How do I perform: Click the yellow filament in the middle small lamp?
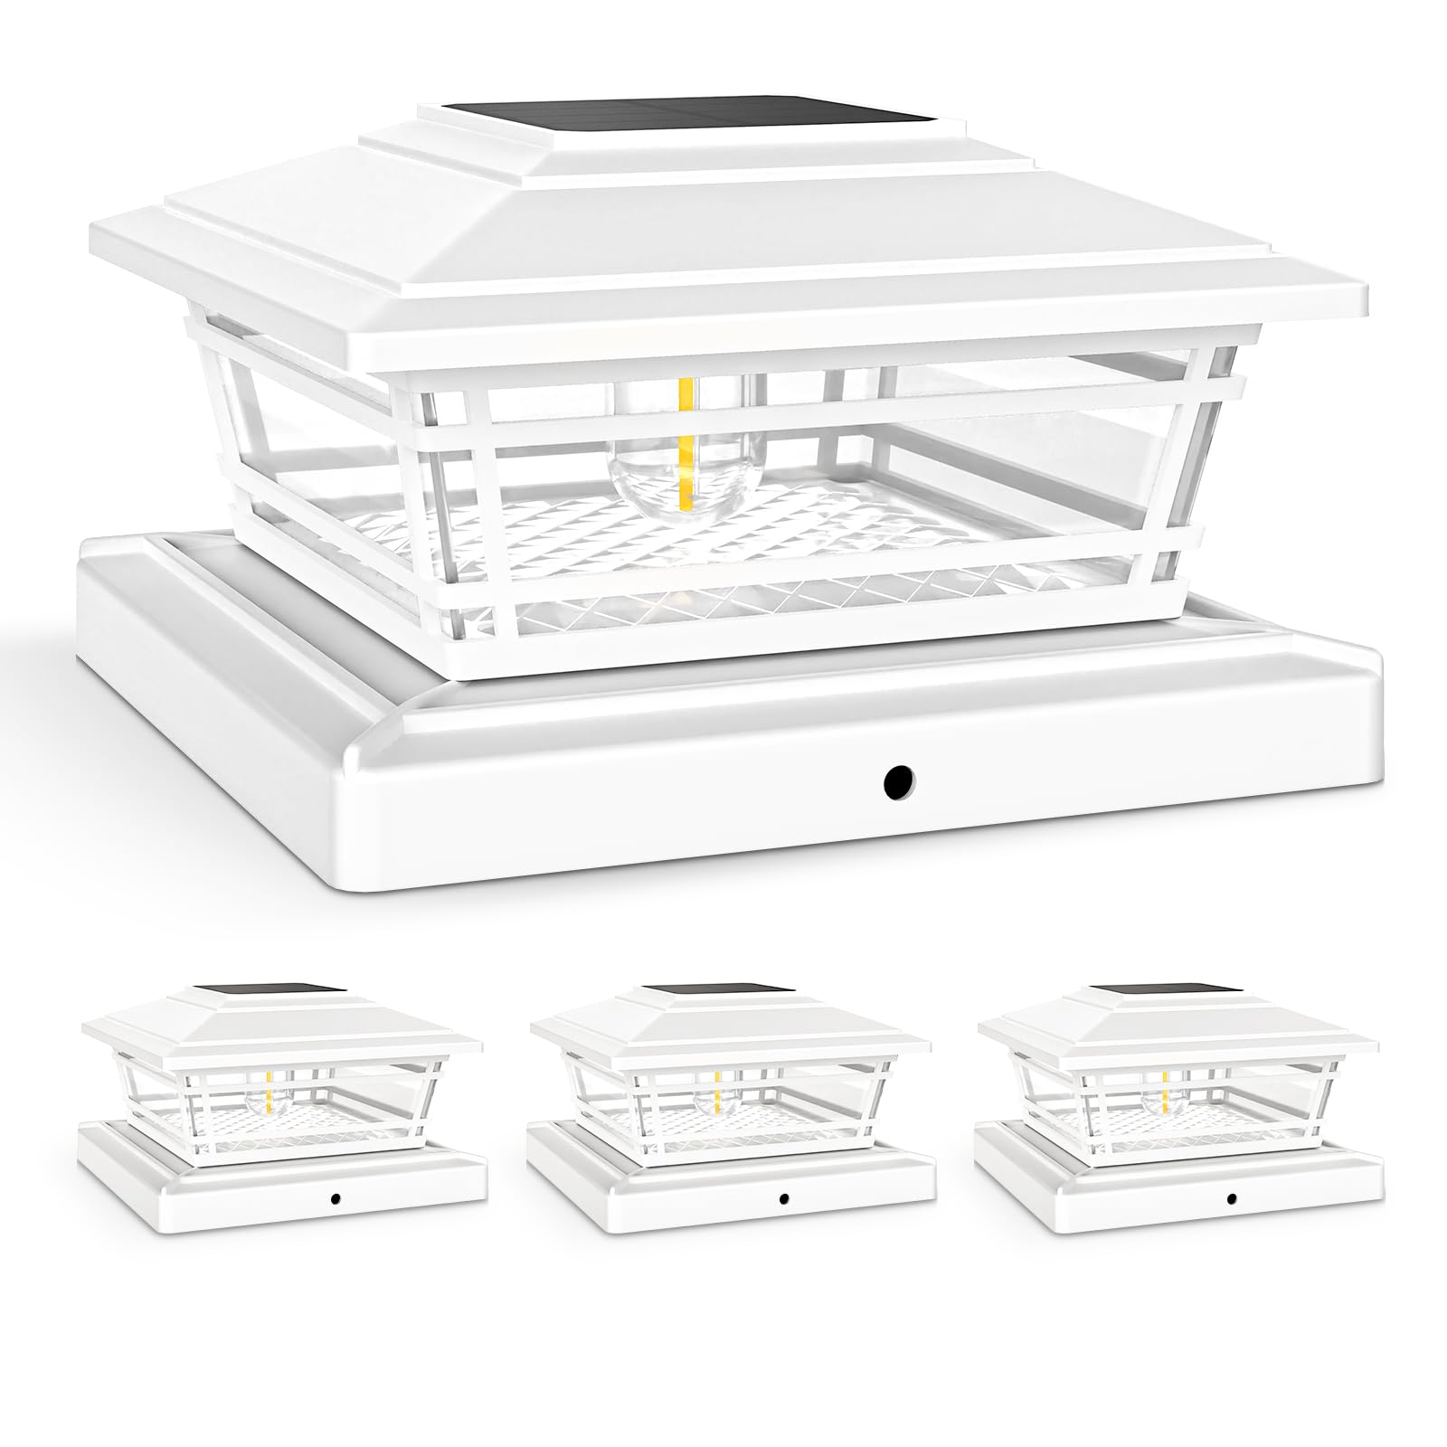coord(718,1094)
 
